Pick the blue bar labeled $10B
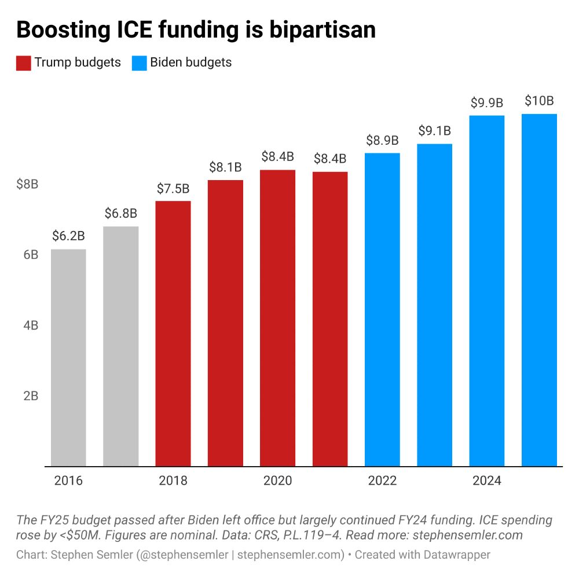pos(539,289)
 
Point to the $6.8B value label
pos(121,214)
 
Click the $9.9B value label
pos(486,103)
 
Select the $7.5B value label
pos(173,188)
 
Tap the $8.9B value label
pos(382,140)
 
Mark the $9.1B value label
pos(434,131)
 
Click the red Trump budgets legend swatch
pos(23,63)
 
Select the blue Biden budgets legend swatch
pos(139,63)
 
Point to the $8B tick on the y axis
pos(27,185)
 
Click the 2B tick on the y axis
pos(30,396)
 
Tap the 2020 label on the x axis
pos(277,481)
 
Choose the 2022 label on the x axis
pos(382,481)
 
